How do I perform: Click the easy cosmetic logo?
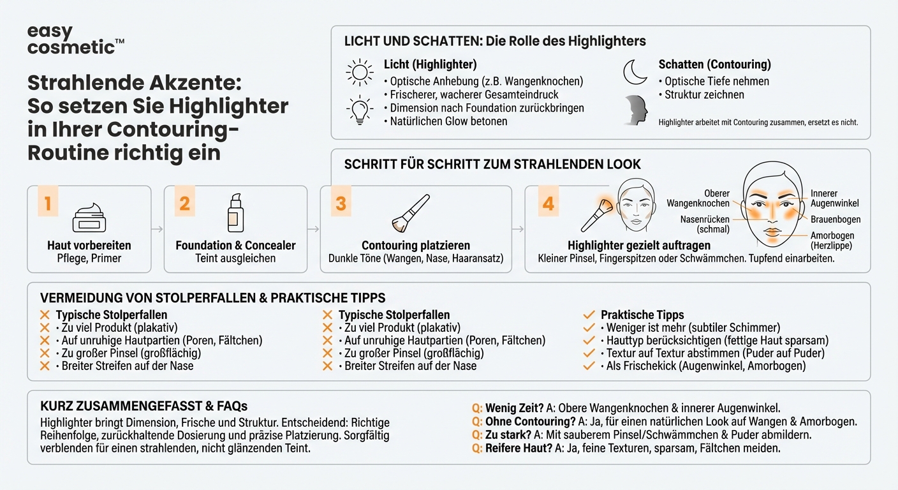(x=75, y=40)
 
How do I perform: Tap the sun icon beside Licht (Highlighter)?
(x=360, y=72)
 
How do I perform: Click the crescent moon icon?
(x=635, y=72)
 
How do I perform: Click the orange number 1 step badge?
(x=48, y=203)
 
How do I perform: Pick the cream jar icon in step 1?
(x=89, y=218)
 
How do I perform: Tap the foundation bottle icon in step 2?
(x=235, y=214)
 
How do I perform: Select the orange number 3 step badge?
(x=341, y=203)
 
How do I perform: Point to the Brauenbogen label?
(x=835, y=219)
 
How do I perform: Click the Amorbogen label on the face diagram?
(x=832, y=240)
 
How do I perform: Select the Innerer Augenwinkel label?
(x=834, y=198)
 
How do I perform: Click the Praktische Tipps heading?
(x=642, y=315)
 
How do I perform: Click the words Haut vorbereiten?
(x=89, y=245)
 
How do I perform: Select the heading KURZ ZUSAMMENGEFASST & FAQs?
(x=144, y=406)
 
